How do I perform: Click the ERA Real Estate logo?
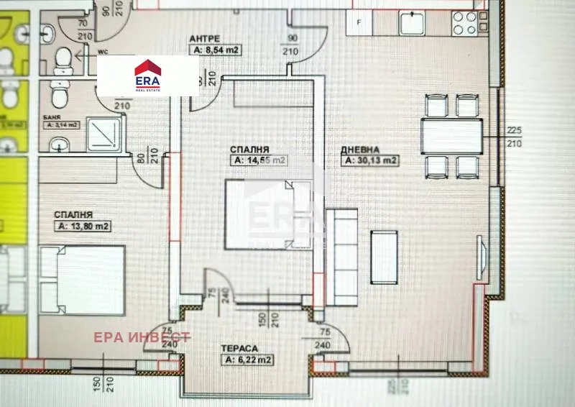[147, 76]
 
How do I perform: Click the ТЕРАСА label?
[240, 348]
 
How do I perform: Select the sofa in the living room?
[341, 253]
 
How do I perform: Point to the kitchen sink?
[413, 22]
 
